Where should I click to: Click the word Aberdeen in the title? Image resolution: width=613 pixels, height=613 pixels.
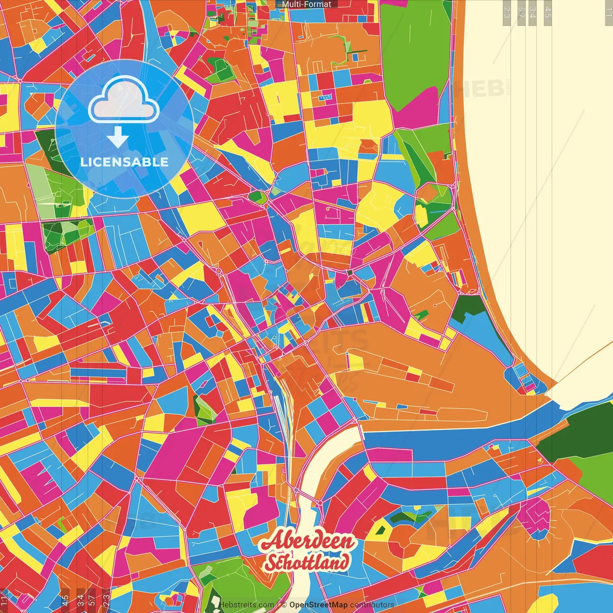tap(308, 541)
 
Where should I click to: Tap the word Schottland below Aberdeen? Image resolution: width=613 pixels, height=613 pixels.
tap(306, 562)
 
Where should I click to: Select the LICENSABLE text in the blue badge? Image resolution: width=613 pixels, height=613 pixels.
tap(125, 162)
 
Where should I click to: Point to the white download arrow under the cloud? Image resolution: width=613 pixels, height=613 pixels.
tap(117, 137)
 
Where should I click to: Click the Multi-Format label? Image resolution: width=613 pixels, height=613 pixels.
tap(306, 4)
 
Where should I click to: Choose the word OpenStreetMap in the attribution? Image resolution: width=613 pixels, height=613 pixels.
tap(318, 605)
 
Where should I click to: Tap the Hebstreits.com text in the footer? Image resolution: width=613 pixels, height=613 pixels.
tap(247, 605)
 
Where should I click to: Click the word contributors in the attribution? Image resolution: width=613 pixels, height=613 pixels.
tap(372, 605)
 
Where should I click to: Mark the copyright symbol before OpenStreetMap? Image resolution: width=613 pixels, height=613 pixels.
tap(284, 605)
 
